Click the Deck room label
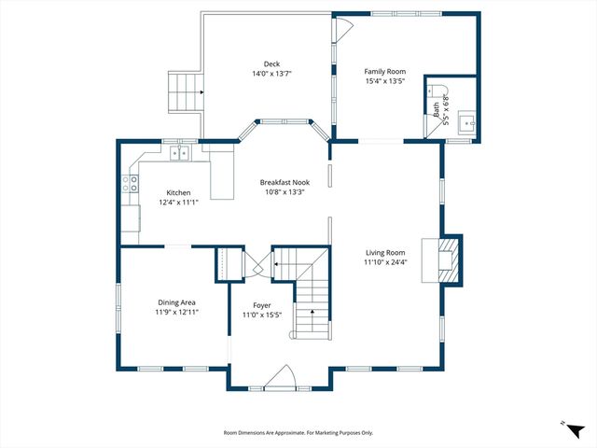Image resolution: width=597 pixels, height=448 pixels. click(271, 63)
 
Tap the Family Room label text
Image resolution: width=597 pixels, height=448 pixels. click(385, 71)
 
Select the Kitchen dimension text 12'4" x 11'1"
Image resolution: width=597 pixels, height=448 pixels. click(178, 203)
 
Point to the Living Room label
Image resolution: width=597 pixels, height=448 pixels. click(385, 252)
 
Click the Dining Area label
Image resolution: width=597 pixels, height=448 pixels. click(176, 303)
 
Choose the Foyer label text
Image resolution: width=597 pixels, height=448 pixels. click(262, 305)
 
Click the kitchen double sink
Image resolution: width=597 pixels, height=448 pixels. click(179, 153)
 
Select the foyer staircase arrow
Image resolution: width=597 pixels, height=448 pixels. click(312, 315)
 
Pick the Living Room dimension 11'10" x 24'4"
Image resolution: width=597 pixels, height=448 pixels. click(385, 262)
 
